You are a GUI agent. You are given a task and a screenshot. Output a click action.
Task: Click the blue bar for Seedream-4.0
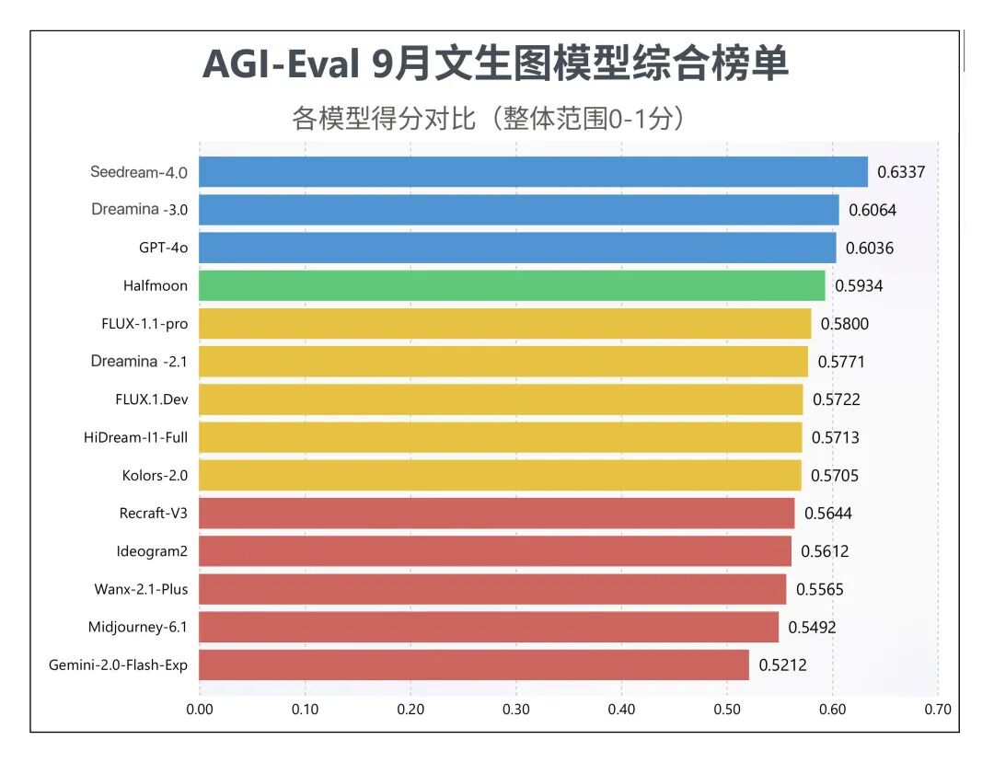pos(533,172)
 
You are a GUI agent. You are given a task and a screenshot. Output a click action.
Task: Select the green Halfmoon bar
pos(512,286)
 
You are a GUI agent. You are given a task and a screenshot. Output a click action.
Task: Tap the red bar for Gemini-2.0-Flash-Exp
pos(474,665)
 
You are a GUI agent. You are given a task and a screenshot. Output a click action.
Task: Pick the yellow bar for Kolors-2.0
pos(500,476)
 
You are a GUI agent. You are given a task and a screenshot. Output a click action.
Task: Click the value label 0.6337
pos(900,172)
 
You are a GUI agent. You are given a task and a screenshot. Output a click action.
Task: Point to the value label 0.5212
pos(782,665)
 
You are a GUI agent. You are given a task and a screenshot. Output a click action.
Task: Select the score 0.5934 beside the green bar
pos(859,286)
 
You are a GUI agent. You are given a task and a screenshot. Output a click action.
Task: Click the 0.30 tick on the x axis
pos(516,710)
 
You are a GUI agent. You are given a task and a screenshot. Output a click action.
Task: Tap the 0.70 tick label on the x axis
pos(938,710)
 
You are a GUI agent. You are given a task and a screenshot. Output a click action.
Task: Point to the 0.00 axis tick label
pos(200,710)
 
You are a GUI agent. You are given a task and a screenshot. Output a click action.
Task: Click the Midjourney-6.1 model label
pos(138,627)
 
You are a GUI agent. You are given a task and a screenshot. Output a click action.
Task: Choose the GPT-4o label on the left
pos(163,248)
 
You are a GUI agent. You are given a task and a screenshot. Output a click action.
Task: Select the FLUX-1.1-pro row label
pos(144,324)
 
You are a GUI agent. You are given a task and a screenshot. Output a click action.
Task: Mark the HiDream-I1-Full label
pos(135,437)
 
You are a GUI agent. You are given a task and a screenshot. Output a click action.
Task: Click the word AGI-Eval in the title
pos(279,64)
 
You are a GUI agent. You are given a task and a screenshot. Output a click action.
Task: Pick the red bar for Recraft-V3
pos(497,514)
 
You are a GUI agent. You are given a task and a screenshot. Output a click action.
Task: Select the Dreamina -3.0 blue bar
pos(519,210)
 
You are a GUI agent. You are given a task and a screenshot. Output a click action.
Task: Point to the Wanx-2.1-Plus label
pos(141,589)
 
